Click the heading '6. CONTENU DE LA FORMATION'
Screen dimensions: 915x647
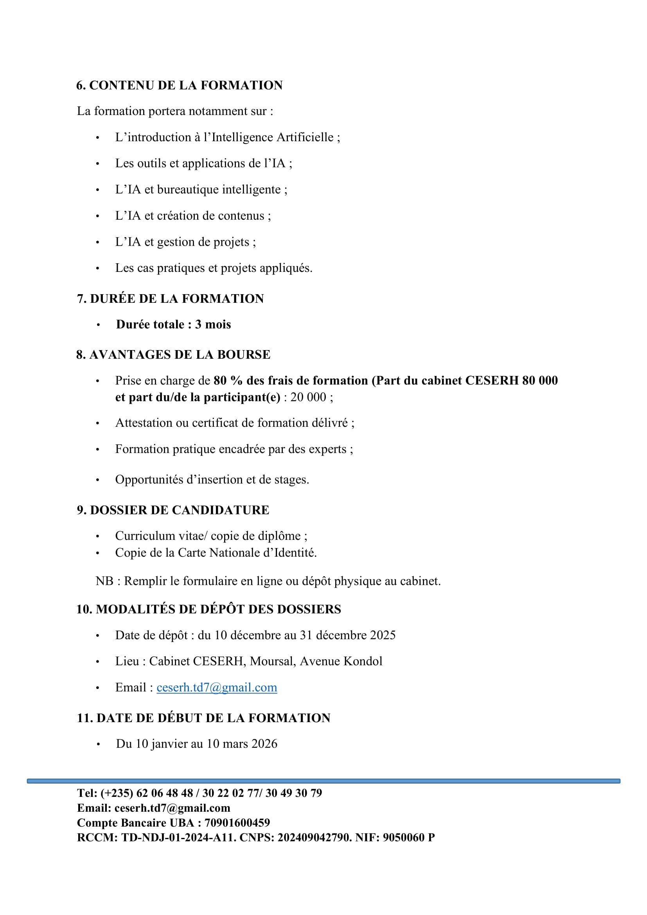point(179,85)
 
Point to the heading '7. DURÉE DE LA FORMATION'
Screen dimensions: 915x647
point(170,298)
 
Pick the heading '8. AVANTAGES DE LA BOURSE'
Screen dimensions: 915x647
point(173,354)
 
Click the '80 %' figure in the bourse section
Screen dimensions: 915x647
point(228,381)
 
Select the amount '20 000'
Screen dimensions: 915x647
point(308,397)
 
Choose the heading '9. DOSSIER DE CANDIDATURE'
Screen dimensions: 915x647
point(173,510)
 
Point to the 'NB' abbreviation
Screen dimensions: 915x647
point(104,581)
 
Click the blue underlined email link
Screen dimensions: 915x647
point(217,687)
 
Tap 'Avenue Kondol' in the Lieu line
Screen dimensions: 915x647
point(341,661)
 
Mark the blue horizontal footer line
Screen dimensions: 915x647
point(323,781)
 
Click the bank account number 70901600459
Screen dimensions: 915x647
point(237,823)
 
